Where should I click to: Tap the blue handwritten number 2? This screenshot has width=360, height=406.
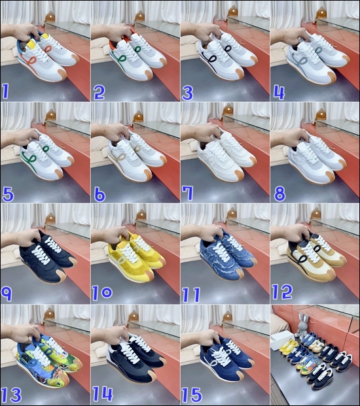[99, 92]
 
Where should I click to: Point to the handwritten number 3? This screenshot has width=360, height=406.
[187, 92]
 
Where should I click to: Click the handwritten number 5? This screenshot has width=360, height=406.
[9, 194]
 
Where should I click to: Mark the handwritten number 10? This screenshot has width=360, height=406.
[104, 294]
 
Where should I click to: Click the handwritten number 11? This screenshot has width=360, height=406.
[191, 294]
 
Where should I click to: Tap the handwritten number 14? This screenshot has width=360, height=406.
[105, 394]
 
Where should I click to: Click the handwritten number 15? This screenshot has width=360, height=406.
[194, 394]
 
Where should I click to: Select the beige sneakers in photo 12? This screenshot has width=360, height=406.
[314, 255]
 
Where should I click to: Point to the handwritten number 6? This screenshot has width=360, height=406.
[99, 194]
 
